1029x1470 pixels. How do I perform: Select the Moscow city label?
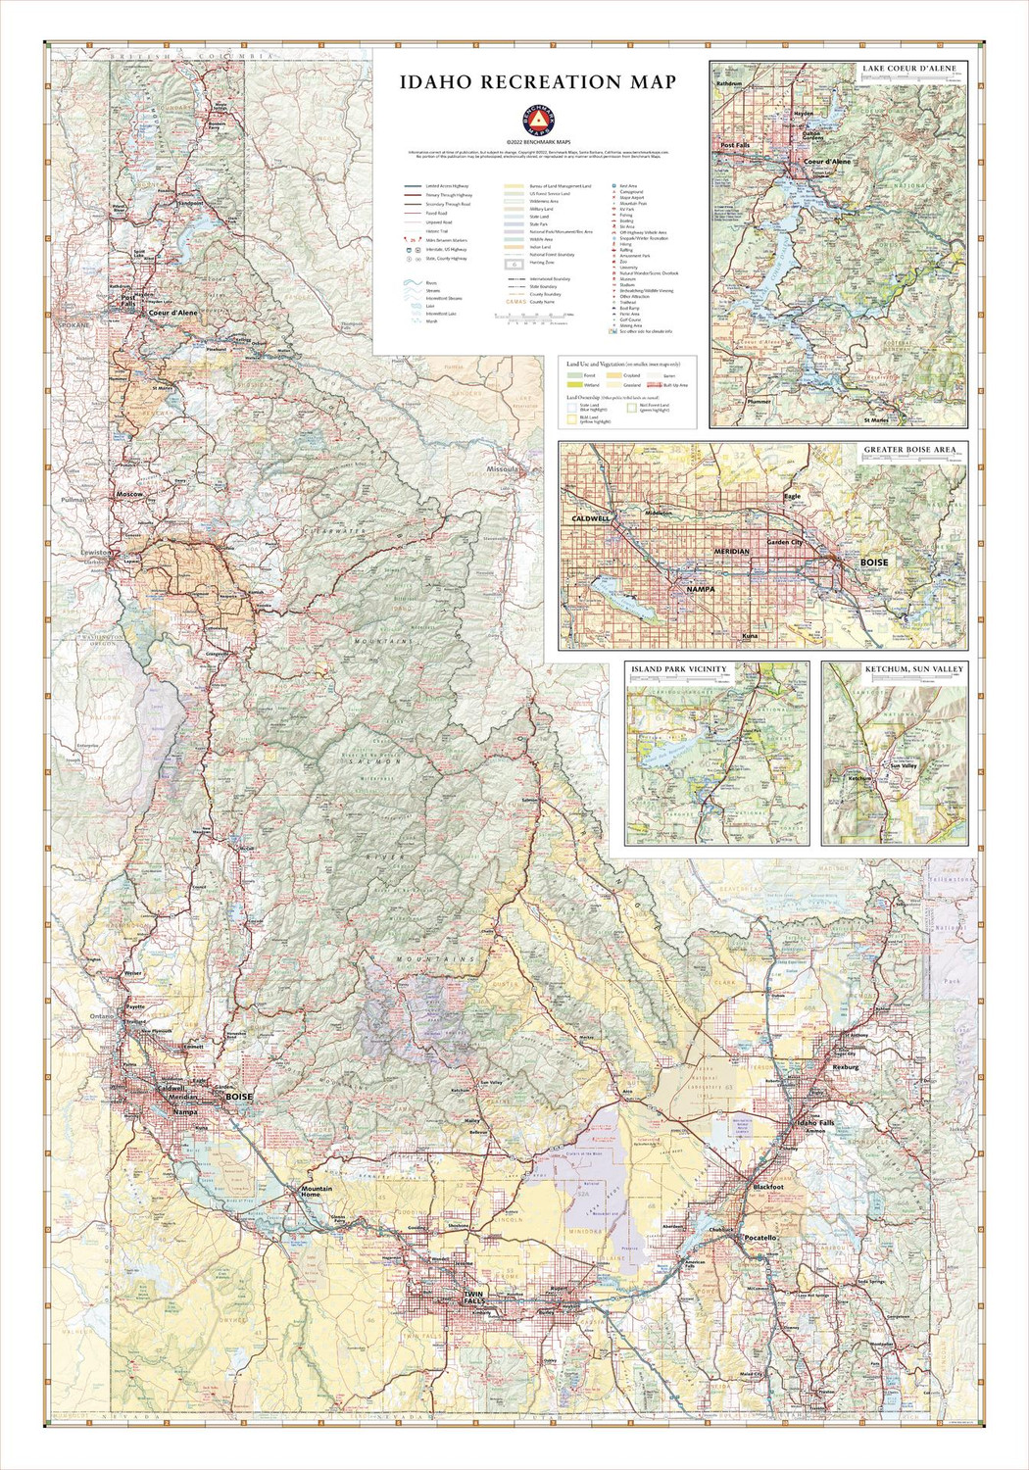(129, 495)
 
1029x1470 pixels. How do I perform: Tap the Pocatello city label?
(759, 1238)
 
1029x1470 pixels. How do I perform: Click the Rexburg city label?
(845, 1066)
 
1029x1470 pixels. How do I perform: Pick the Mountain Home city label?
(317, 1192)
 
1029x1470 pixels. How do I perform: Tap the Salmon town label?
(531, 801)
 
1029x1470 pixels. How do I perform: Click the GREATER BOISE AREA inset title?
(909, 451)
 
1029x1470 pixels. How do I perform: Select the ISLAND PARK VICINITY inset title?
(679, 669)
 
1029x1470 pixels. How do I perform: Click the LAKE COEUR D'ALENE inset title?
(908, 69)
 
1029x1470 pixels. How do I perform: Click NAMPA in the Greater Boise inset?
(700, 589)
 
